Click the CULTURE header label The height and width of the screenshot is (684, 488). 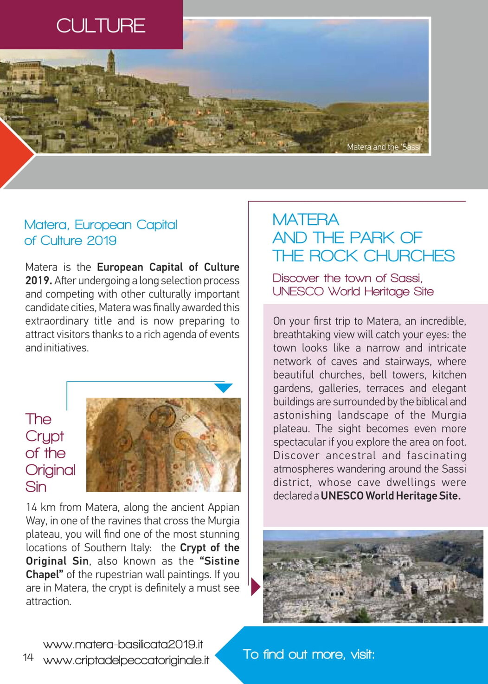101,26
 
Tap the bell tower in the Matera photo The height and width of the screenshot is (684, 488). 111,62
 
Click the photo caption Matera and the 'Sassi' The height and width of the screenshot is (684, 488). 384,147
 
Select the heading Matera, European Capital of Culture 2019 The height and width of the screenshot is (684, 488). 100,233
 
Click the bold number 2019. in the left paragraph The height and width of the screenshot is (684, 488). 39,280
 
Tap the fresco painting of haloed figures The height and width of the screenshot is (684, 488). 163,444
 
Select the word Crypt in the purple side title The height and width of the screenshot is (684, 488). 45,436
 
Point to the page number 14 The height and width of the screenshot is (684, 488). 28,657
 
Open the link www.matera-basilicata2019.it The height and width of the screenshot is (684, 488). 123,644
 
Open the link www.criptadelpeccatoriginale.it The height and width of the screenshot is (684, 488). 126,660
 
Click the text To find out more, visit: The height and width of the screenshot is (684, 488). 308,654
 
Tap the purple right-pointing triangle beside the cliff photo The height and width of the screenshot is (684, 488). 255,586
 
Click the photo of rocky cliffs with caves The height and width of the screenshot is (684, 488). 373,576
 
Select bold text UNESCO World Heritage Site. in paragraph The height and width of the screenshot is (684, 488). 390,496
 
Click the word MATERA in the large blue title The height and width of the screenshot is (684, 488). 306,220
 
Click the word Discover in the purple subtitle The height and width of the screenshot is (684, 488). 296,278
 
